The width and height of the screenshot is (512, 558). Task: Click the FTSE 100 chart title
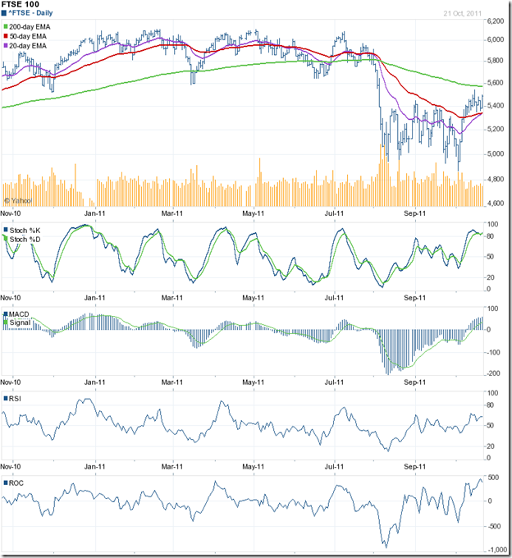(24, 7)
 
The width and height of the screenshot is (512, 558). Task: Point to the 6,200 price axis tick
(494, 17)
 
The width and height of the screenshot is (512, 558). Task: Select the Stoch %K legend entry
(27, 230)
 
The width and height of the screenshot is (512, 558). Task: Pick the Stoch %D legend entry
(27, 239)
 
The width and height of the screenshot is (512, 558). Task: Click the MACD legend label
(21, 315)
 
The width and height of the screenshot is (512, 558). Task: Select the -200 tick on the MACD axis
(494, 373)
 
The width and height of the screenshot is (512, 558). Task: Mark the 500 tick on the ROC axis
(494, 477)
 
